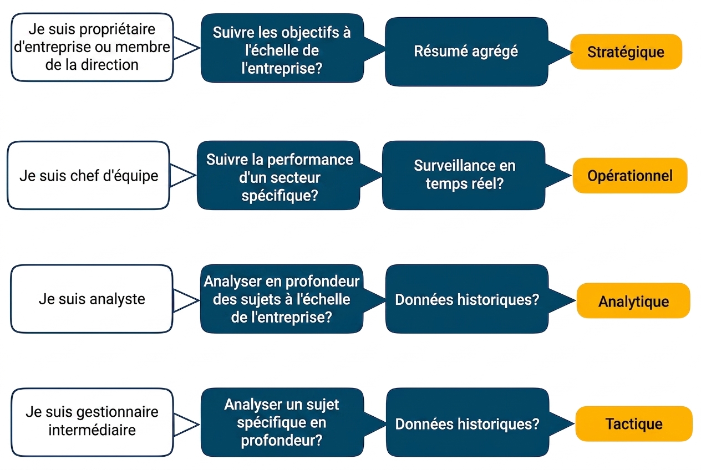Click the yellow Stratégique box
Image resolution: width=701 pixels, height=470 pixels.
[x=626, y=52]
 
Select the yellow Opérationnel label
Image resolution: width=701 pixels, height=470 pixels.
[x=630, y=176]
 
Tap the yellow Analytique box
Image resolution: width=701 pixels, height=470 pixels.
[x=633, y=301]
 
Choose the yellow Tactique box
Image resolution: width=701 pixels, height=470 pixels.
[x=634, y=424]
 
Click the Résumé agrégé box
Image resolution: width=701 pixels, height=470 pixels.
[x=466, y=52]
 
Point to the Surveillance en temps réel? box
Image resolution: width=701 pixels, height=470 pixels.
[x=464, y=175]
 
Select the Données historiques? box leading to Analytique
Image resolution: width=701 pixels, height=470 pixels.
[x=467, y=299]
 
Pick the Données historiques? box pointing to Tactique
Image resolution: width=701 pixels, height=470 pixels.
[x=468, y=422]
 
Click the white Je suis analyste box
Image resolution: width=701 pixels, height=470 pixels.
[x=92, y=299]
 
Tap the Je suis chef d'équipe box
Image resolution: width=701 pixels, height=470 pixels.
[x=88, y=176]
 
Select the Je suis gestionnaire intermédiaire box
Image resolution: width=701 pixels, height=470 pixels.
[x=92, y=422]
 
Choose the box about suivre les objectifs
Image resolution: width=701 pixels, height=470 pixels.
[x=282, y=48]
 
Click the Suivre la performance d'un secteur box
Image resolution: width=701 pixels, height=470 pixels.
[x=278, y=176]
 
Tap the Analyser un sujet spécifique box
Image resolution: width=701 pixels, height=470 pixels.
[x=282, y=422]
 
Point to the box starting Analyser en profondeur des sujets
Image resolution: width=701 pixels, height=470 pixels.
[x=282, y=299]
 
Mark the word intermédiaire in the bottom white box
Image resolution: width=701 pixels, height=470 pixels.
[x=92, y=430]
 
